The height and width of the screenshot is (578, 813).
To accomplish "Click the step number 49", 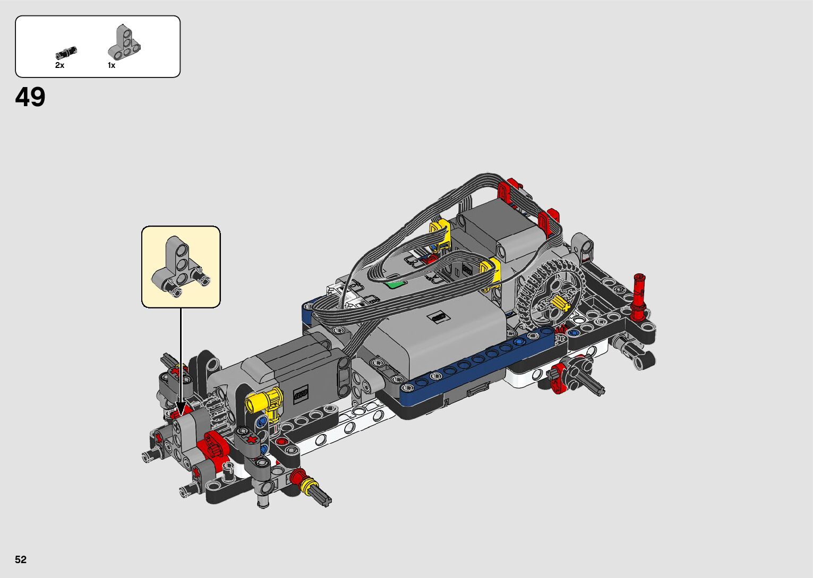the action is click(30, 97).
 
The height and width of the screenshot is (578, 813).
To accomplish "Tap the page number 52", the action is click(21, 559).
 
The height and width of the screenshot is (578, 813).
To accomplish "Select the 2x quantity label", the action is click(59, 65).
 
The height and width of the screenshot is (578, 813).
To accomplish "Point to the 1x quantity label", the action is click(112, 65).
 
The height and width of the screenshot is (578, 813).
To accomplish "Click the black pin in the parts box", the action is click(66, 53).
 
